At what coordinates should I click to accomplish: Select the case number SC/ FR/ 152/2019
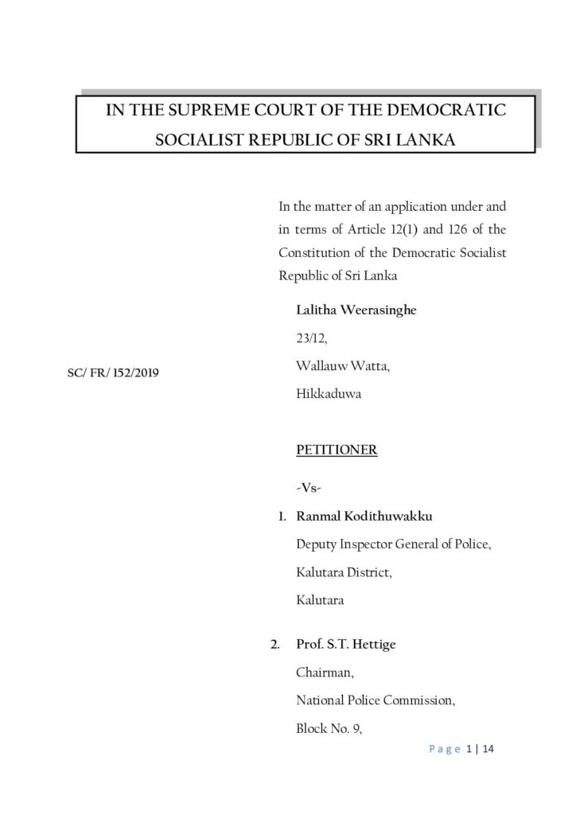tap(113, 372)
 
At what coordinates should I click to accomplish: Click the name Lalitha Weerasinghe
tap(356, 310)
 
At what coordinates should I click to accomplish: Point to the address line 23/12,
tap(311, 338)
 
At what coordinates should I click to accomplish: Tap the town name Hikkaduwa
tap(329, 393)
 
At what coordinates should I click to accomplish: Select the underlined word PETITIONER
tap(337, 450)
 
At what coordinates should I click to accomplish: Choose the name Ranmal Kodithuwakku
tap(364, 517)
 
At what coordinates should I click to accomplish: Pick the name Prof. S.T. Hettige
tap(346, 645)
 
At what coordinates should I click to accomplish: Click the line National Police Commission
tap(376, 700)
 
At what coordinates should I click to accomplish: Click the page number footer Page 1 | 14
tap(461, 750)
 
